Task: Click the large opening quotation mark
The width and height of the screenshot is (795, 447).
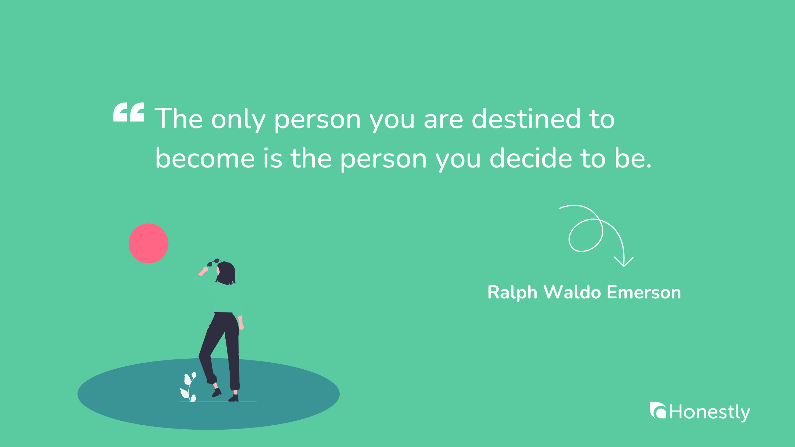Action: pos(128,112)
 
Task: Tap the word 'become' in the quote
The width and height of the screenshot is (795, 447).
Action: pos(205,158)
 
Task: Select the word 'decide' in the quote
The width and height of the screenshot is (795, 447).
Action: pos(531,158)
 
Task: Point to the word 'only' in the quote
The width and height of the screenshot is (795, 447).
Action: pos(238,120)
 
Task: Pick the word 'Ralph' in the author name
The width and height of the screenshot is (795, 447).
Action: pos(512,293)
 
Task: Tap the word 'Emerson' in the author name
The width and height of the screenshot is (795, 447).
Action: pos(644,292)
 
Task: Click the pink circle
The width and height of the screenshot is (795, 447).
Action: pos(148,243)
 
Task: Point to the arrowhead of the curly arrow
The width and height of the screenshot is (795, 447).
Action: pos(624,263)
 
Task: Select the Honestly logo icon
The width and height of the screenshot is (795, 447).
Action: pos(658,411)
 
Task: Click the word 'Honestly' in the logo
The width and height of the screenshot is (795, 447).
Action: pos(710,412)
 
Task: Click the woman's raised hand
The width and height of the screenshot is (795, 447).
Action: pos(204,271)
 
